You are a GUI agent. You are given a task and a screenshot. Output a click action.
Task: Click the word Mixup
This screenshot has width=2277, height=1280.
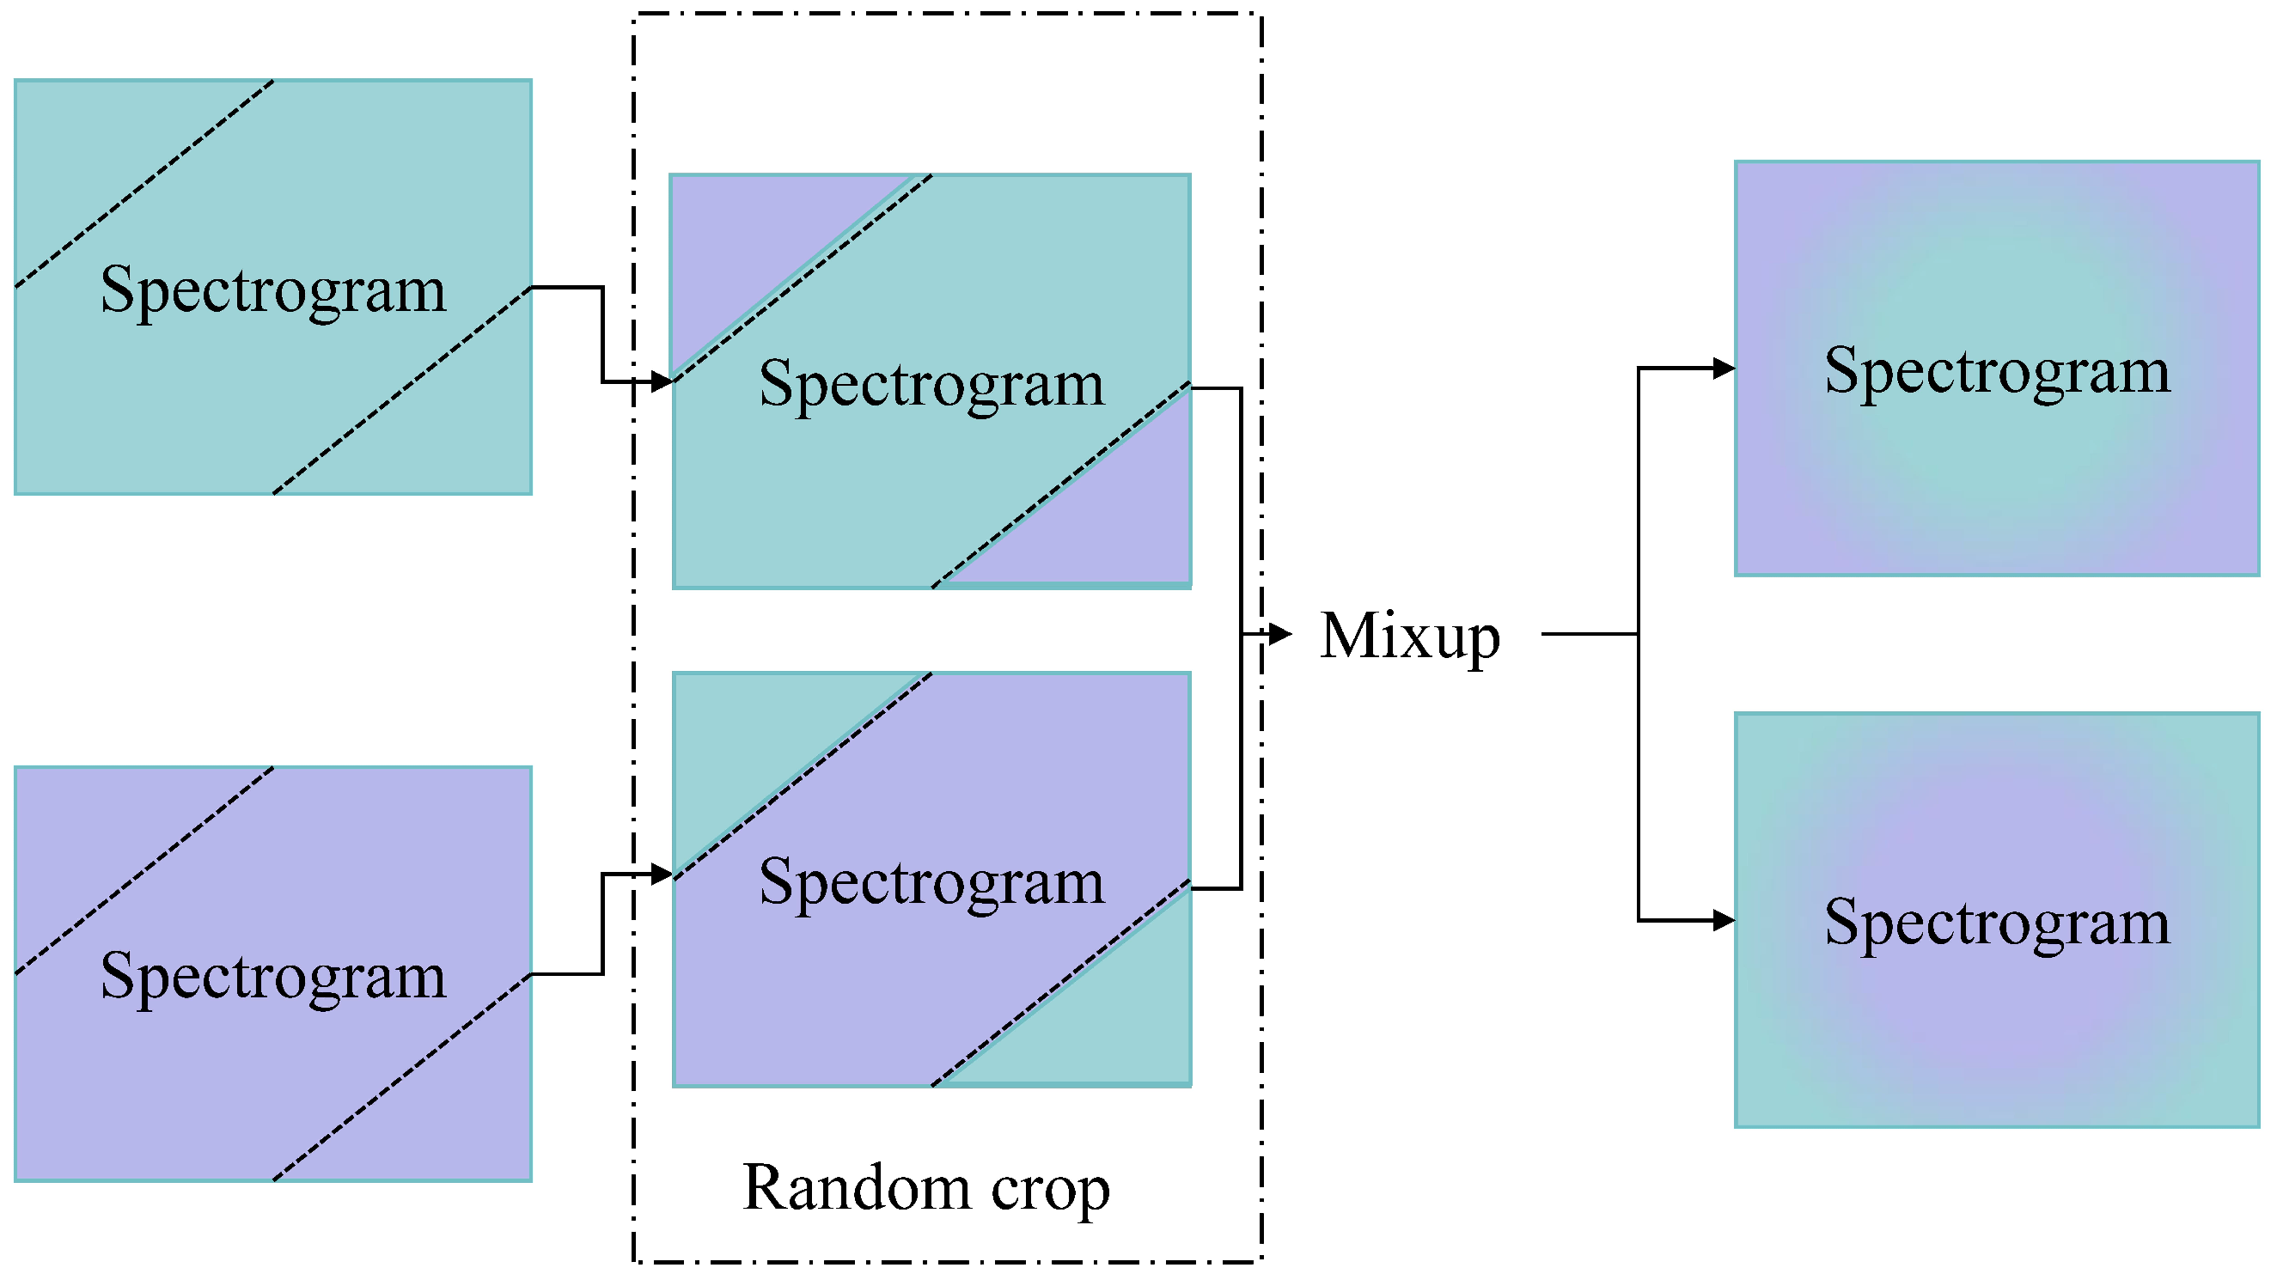pyautogui.click(x=1409, y=636)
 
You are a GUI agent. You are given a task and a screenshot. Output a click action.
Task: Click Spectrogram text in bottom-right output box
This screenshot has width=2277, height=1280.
pyautogui.click(x=1997, y=922)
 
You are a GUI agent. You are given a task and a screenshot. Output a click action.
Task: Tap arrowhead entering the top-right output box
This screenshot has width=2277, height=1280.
pyautogui.click(x=1724, y=368)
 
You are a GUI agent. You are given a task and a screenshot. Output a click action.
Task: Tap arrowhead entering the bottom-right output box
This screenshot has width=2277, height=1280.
pyautogui.click(x=1724, y=920)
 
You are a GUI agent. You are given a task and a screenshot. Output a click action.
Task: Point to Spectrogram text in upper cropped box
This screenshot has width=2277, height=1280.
pyautogui.click(x=931, y=384)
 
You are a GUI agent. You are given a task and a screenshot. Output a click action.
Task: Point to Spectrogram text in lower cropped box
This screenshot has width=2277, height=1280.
pyautogui.click(x=931, y=881)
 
